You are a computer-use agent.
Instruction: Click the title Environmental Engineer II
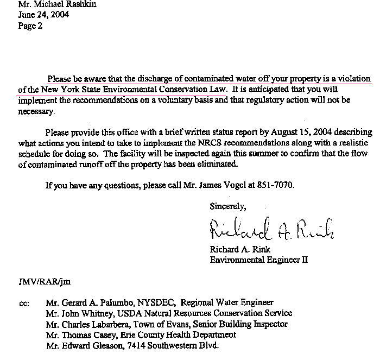click(x=259, y=260)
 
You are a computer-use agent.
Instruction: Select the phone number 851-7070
click(x=276, y=185)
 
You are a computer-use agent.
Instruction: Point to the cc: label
click(x=24, y=303)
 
